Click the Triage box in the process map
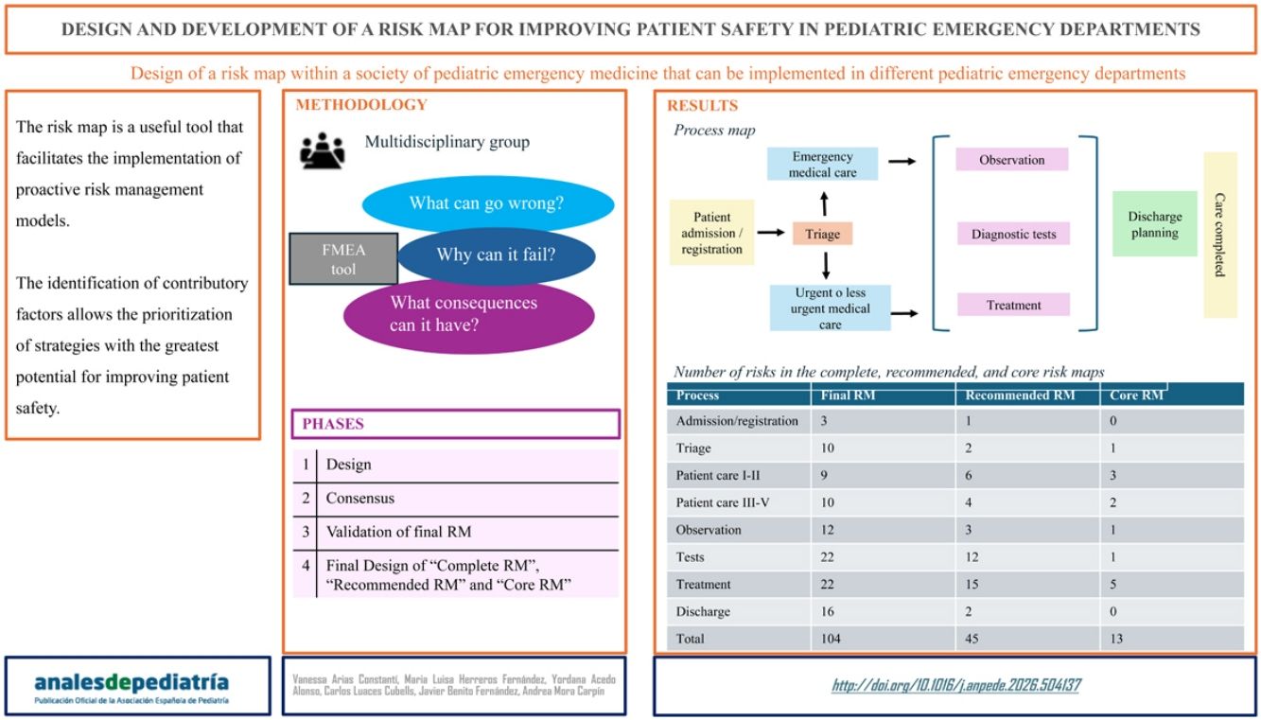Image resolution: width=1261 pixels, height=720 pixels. [822, 233]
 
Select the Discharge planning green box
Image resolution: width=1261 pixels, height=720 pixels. [1154, 224]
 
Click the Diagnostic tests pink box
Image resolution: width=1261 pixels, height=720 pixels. [1013, 234]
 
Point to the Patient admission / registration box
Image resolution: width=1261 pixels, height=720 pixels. [711, 232]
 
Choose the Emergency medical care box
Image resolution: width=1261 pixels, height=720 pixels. [822, 165]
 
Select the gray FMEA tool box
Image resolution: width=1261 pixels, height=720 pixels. [343, 258]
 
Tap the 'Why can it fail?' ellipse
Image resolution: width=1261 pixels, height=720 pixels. [496, 255]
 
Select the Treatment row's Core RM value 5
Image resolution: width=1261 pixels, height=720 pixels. [1113, 585]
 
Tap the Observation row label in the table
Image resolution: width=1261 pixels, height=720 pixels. [709, 530]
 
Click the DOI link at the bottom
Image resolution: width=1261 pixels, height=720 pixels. [955, 685]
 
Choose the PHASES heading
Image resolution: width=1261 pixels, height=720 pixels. [333, 424]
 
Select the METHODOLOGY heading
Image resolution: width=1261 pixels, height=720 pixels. [361, 105]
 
